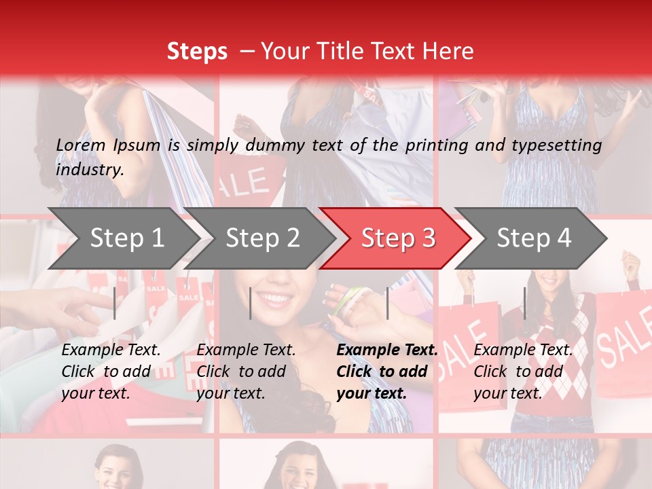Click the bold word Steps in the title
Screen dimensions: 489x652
197,51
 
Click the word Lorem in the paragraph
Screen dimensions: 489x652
81,145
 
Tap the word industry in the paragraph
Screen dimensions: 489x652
89,169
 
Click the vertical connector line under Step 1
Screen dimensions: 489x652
115,303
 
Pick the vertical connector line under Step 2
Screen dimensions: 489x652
251,303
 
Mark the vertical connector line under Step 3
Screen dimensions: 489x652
387,303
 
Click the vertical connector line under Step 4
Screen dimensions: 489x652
524,303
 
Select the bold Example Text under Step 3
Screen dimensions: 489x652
387,350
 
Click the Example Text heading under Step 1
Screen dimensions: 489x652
111,350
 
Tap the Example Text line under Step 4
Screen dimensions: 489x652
523,350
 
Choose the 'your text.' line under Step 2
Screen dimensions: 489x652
230,393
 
